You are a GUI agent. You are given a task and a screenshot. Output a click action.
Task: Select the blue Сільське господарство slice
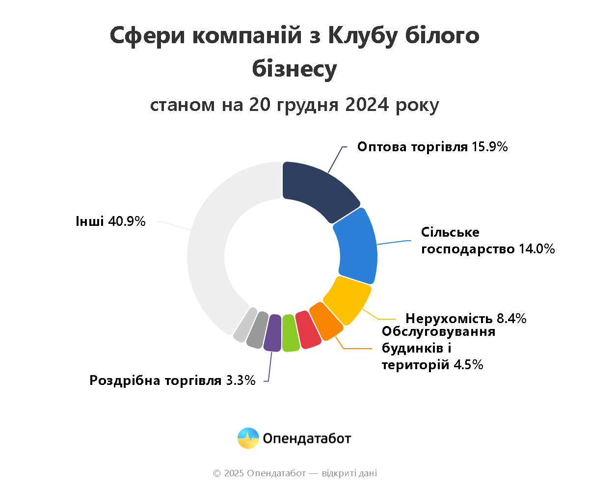coord(357,245)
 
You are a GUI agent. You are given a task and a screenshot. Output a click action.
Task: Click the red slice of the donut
coord(307,330)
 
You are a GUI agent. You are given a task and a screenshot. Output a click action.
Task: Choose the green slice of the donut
coord(290,333)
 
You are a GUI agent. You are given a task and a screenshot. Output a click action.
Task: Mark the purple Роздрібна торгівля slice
coord(272,333)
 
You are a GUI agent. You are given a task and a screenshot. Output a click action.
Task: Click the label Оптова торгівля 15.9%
coord(432,147)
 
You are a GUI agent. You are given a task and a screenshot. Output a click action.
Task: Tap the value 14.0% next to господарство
coord(536,249)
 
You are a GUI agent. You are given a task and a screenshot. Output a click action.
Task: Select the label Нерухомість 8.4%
coord(466,318)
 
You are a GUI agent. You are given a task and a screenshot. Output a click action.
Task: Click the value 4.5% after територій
coord(468,365)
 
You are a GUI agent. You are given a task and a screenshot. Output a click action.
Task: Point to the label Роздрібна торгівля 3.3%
coord(172,381)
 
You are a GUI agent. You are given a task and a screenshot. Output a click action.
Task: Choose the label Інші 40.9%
coord(110,221)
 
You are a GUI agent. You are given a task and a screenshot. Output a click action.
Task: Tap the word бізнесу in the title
coord(294,69)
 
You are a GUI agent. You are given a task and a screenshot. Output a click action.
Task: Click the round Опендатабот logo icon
coord(248,438)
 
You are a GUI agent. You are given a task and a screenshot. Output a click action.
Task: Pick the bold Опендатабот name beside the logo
coord(307,438)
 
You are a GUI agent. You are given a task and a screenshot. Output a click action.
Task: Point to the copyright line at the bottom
coord(294,473)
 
